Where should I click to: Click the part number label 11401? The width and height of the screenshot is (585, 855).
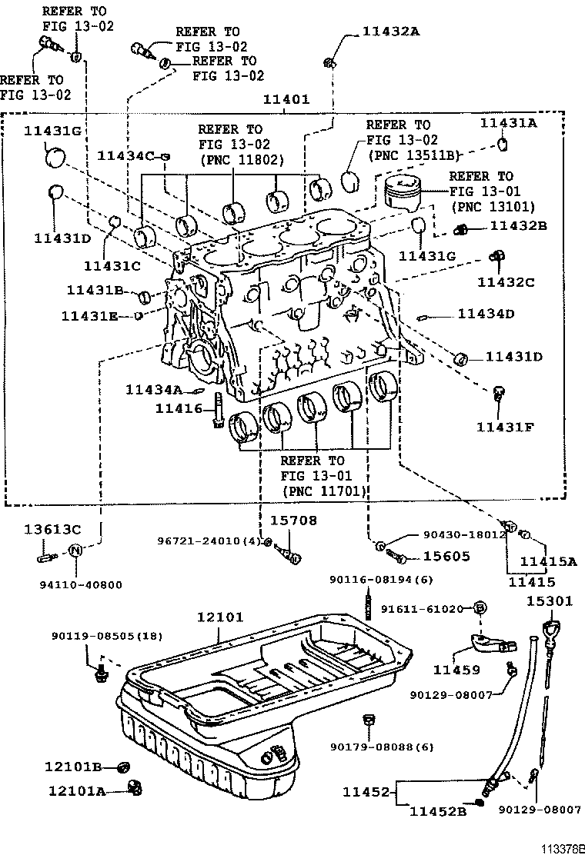point(286,100)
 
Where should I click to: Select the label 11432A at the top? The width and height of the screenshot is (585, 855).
point(392,32)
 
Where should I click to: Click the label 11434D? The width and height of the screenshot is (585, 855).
point(486,314)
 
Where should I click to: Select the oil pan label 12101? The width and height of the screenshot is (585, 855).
point(219,617)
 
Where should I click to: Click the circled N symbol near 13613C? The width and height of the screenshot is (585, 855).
point(75,550)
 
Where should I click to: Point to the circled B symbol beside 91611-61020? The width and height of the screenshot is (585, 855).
point(479,608)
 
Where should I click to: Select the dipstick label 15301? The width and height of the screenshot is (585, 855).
point(550,600)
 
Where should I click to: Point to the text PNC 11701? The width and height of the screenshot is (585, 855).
point(324,491)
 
